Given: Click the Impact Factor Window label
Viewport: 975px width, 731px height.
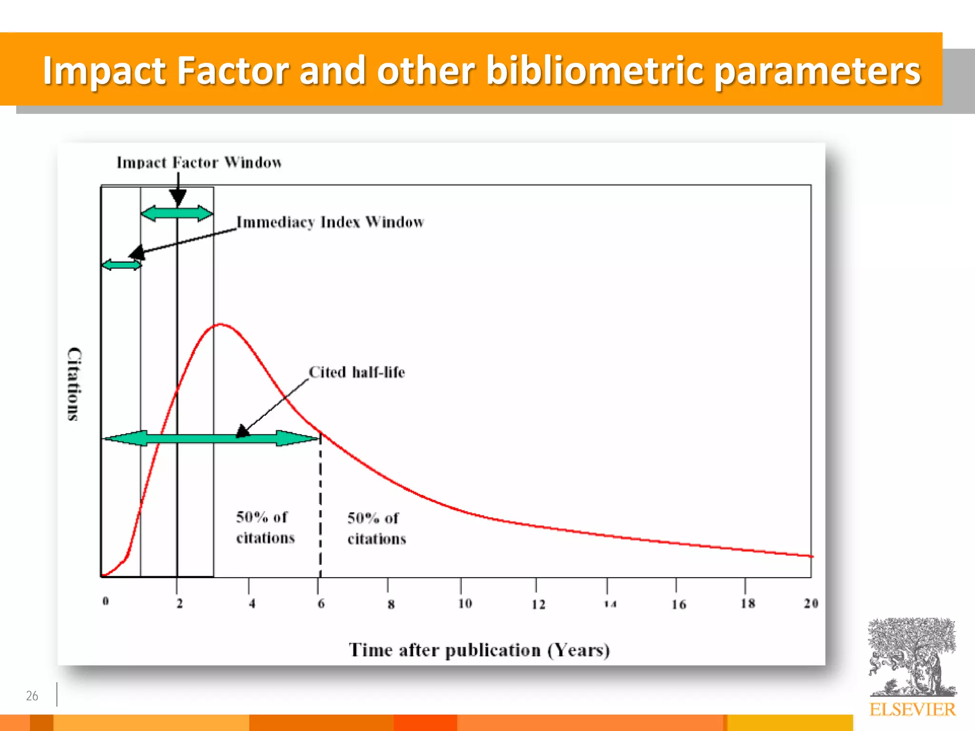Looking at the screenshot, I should pyautogui.click(x=199, y=163).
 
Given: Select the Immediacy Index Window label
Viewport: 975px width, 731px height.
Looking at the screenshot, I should pyautogui.click(x=330, y=222).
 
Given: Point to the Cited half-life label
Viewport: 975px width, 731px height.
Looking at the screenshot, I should pyautogui.click(x=357, y=372).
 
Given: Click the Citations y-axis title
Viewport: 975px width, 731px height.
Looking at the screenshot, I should pyautogui.click(x=74, y=384).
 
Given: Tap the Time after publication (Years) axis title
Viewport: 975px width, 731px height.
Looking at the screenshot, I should pyautogui.click(x=479, y=650).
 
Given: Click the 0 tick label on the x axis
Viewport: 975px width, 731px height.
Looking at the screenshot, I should pyautogui.click(x=106, y=601).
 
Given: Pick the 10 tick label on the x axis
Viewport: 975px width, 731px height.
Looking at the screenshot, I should pyautogui.click(x=465, y=603).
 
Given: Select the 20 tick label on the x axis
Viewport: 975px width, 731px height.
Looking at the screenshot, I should pyautogui.click(x=811, y=603).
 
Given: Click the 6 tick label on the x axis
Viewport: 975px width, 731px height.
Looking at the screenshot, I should pyautogui.click(x=321, y=603).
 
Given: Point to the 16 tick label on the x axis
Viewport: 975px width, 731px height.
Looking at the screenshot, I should pyautogui.click(x=679, y=604).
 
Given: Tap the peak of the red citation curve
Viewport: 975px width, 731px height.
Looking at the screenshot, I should pyautogui.click(x=220, y=325).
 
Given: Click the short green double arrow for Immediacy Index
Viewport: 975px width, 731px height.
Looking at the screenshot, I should pyautogui.click(x=121, y=265).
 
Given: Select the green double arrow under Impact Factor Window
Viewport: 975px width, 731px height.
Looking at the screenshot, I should pyautogui.click(x=177, y=213).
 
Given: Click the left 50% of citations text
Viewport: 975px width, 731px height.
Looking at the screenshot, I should pyautogui.click(x=265, y=527).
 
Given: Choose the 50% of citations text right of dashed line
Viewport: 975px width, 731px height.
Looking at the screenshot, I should pyautogui.click(x=377, y=528).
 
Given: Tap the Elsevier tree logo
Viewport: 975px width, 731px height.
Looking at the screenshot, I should pyautogui.click(x=912, y=657).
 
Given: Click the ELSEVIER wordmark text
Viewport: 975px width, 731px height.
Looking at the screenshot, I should pyautogui.click(x=912, y=710).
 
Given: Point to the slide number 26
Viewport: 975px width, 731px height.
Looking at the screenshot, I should pyautogui.click(x=32, y=696).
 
